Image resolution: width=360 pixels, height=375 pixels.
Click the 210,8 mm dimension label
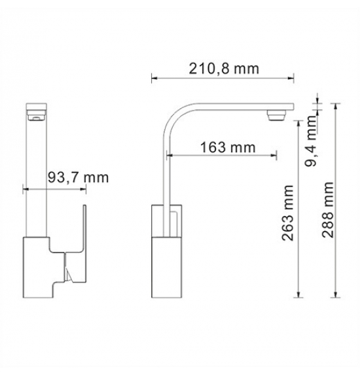224,69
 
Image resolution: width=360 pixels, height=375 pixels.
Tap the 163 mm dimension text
228,147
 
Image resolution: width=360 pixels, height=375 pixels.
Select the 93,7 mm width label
79,177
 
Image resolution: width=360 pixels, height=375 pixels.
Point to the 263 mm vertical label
287,213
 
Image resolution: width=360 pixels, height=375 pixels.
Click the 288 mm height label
327,210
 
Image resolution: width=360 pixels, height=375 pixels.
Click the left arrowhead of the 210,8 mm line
154,78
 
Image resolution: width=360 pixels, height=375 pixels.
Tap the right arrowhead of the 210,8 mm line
291,78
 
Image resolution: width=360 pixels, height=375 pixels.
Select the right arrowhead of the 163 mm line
274,156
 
